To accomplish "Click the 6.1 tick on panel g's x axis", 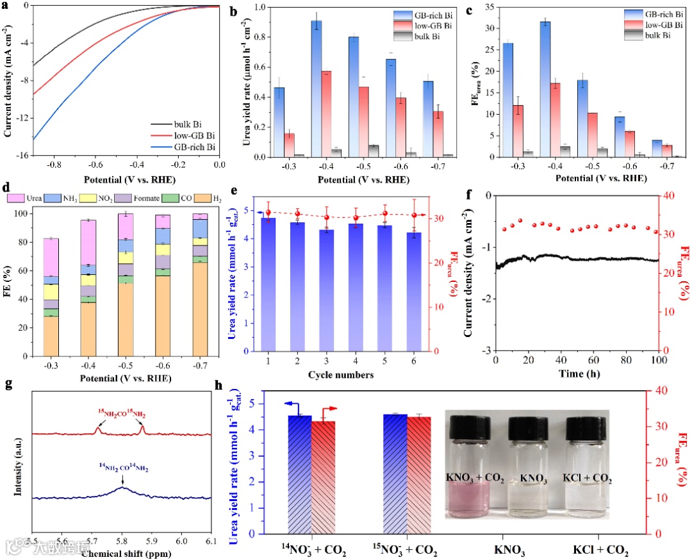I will (x=211, y=542).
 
